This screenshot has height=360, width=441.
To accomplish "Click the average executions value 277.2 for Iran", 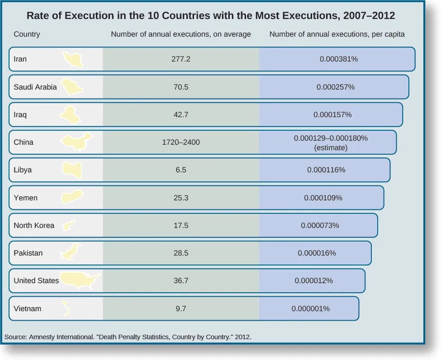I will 181,59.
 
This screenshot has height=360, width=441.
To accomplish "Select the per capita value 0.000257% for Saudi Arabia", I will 335,87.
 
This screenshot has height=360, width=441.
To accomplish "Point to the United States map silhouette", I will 81,280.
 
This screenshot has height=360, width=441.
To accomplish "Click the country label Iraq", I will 20,114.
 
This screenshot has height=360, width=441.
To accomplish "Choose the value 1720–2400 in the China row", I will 181,142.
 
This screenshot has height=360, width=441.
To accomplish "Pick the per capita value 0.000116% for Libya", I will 326,170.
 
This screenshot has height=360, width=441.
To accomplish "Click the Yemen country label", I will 26,198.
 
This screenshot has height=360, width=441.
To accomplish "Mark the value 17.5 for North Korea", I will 181,225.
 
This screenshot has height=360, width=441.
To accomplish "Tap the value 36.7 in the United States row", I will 181,280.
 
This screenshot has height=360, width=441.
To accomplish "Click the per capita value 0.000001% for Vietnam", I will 310,308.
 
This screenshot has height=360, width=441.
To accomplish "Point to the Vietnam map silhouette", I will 66,308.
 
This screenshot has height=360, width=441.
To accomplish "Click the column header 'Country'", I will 27,34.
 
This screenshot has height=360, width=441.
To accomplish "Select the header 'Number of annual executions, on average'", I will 181,34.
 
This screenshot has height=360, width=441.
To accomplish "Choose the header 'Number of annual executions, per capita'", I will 337,34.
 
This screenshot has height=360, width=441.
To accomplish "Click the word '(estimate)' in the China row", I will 331,147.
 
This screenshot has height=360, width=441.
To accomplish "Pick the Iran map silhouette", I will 73,59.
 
